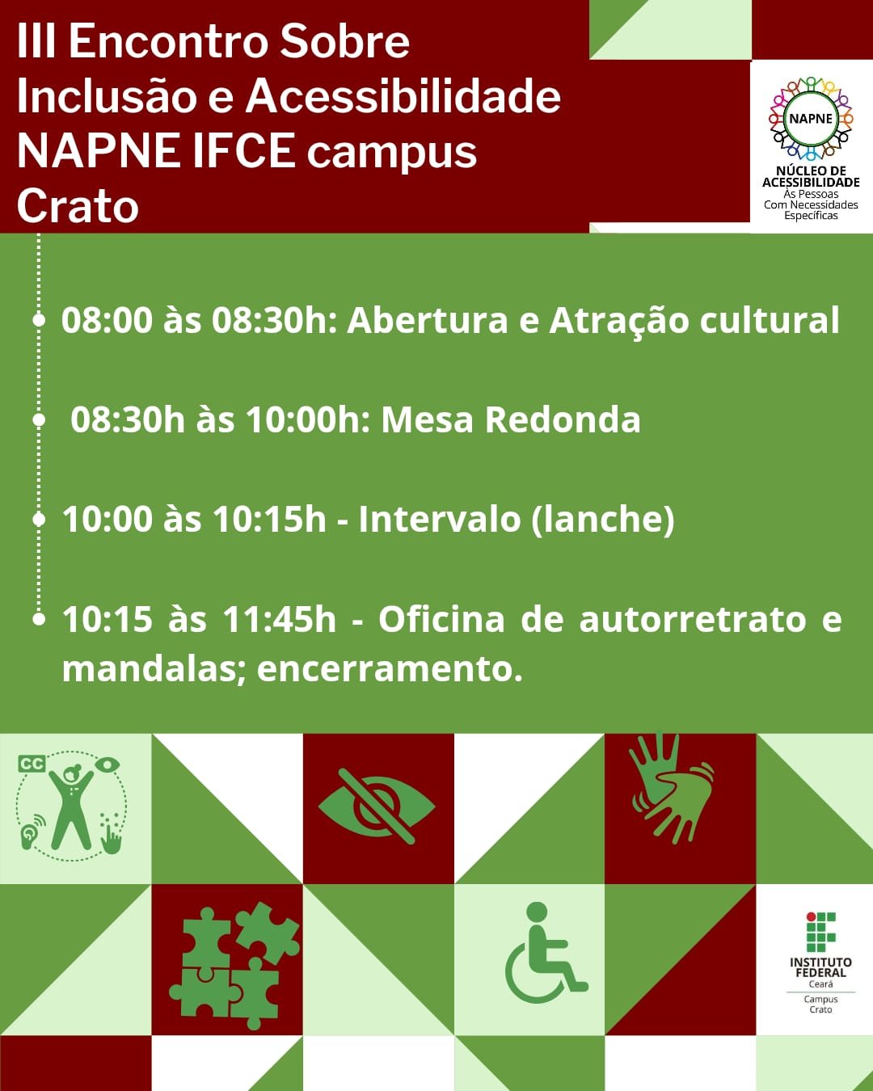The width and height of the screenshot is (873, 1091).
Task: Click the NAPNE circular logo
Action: [811, 119]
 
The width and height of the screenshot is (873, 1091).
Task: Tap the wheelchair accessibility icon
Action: [546, 952]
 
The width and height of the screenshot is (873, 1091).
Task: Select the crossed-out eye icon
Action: [377, 807]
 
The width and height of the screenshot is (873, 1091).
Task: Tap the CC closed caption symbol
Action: [32, 764]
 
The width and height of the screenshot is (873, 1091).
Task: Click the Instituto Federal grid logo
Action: [820, 932]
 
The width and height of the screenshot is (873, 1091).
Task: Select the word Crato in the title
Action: [78, 206]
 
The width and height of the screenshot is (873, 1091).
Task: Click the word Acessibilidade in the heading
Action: [403, 96]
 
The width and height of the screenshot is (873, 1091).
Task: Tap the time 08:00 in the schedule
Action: [107, 320]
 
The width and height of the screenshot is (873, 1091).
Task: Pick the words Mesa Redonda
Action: [510, 419]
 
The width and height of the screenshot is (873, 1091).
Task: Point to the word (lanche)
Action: [603, 520]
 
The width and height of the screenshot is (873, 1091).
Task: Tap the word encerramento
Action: [390, 669]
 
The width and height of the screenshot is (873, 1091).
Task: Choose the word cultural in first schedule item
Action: [770, 320]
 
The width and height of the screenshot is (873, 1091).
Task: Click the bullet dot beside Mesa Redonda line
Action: [39, 419]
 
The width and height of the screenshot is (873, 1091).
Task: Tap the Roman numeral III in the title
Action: [36, 41]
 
